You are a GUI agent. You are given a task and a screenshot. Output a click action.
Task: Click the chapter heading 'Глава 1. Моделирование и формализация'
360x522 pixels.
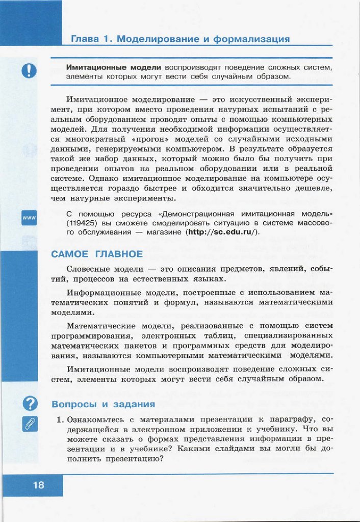point(180,39)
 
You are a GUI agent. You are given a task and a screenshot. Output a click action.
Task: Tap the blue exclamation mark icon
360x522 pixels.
point(29,69)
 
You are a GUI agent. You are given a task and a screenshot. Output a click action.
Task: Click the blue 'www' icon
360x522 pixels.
point(29,218)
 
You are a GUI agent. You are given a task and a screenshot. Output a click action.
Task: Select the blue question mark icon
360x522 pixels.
point(30,403)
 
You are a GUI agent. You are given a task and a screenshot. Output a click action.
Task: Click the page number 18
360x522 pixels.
point(39,485)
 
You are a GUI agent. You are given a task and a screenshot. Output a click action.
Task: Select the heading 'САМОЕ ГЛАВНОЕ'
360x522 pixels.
point(96,254)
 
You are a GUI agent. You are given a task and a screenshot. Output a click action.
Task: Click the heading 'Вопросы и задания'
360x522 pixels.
point(104,404)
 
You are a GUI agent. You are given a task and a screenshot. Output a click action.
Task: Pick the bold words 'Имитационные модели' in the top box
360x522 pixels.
point(113,67)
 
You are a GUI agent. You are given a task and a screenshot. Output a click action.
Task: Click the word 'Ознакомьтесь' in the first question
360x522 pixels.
point(96,420)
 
